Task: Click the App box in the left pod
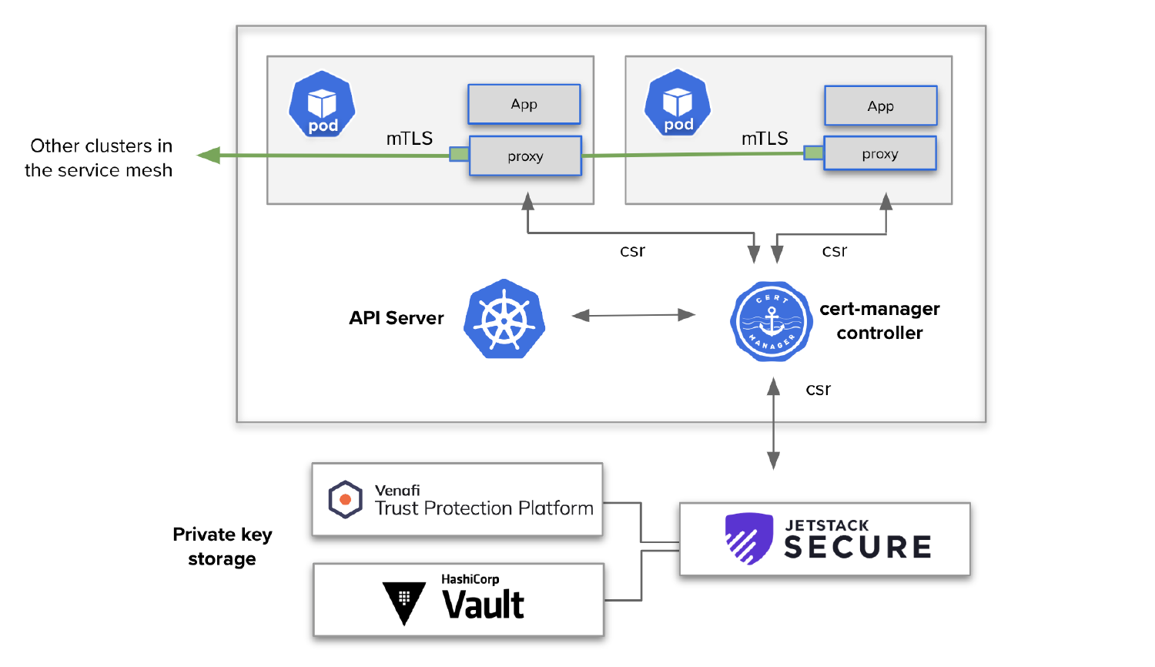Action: click(x=524, y=104)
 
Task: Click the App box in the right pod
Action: click(x=881, y=106)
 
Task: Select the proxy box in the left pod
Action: click(x=525, y=156)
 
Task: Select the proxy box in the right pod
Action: click(x=880, y=154)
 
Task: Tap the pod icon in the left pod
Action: click(x=322, y=105)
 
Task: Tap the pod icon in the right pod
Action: click(x=678, y=103)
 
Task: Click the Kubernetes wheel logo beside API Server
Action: click(x=504, y=319)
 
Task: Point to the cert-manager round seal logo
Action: click(x=772, y=321)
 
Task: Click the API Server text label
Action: click(x=396, y=318)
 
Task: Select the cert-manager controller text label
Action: click(x=879, y=320)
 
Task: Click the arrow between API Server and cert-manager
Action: click(x=634, y=315)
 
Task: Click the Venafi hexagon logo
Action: click(x=345, y=499)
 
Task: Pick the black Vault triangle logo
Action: click(x=404, y=601)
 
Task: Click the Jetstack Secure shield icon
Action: click(x=748, y=538)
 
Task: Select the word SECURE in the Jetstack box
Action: click(x=858, y=548)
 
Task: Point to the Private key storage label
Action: click(x=222, y=546)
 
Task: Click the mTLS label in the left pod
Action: click(x=409, y=139)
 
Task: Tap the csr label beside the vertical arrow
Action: click(x=818, y=390)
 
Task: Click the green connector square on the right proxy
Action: click(x=813, y=153)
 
